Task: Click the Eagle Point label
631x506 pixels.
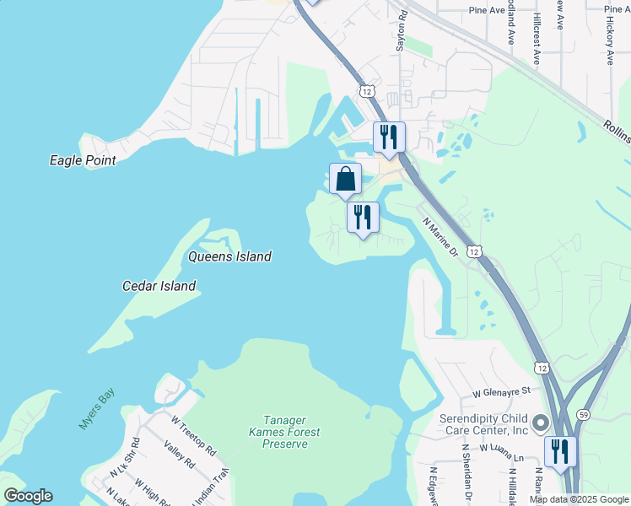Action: click(x=83, y=159)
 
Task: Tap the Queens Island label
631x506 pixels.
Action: click(x=229, y=256)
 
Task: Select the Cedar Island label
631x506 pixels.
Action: click(x=159, y=286)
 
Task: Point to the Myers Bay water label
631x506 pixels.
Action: click(x=96, y=409)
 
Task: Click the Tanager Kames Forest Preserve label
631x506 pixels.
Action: click(x=284, y=432)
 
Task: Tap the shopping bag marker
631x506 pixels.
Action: click(x=345, y=179)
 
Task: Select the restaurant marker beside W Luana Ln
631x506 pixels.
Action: click(x=559, y=452)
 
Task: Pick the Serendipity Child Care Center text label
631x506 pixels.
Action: click(x=483, y=424)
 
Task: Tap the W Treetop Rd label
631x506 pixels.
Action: click(x=193, y=431)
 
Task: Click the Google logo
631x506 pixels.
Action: click(x=28, y=496)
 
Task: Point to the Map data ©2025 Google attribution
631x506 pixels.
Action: click(x=579, y=499)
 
